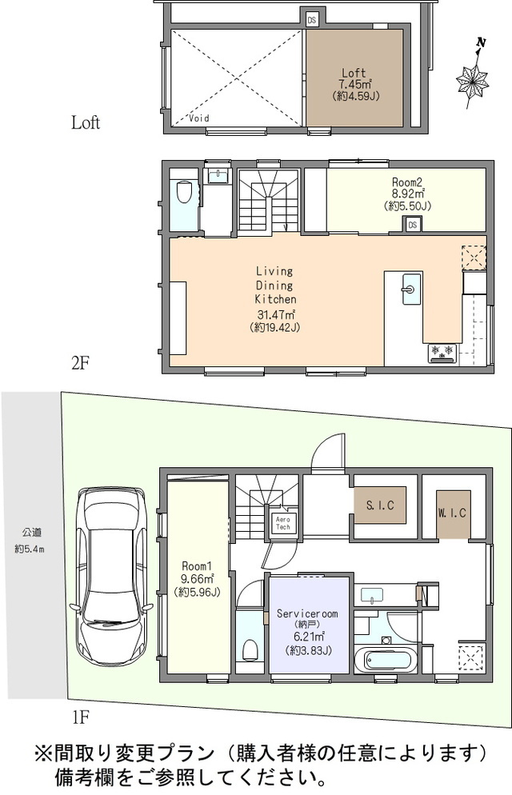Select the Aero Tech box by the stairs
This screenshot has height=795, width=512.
tap(283, 523)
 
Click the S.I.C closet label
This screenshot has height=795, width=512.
tap(380, 505)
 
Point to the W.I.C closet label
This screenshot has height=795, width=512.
tap(452, 513)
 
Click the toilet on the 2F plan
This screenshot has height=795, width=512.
tap(183, 192)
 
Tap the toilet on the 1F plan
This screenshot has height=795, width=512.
tap(250, 649)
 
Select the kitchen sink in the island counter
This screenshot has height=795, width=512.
tap(411, 289)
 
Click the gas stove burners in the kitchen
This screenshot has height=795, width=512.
tap(442, 353)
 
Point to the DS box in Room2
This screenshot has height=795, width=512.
tap(412, 224)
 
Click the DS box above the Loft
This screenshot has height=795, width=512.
tap(311, 20)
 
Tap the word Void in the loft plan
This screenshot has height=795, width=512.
tap(199, 118)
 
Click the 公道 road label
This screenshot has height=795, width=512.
tap(31, 533)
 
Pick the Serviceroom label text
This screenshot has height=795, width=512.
tap(307, 613)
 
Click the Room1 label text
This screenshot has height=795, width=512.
tap(197, 565)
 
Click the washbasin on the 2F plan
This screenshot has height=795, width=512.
tap(218, 175)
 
